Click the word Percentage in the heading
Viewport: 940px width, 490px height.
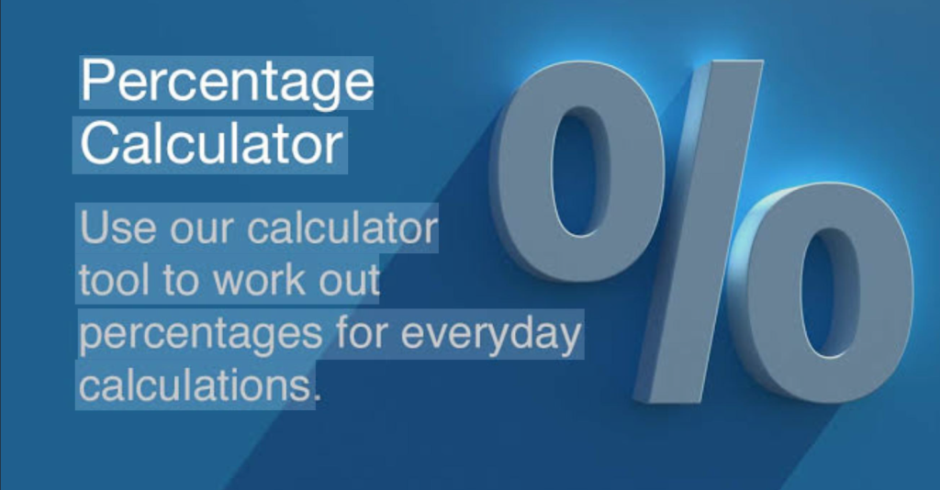coord(228,84)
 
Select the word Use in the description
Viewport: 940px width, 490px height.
coord(118,228)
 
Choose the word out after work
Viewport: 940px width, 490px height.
coord(349,282)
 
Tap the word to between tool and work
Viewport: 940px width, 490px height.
coord(183,282)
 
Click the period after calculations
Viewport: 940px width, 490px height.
coord(317,396)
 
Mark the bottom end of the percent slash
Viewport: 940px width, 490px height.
coord(666,400)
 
